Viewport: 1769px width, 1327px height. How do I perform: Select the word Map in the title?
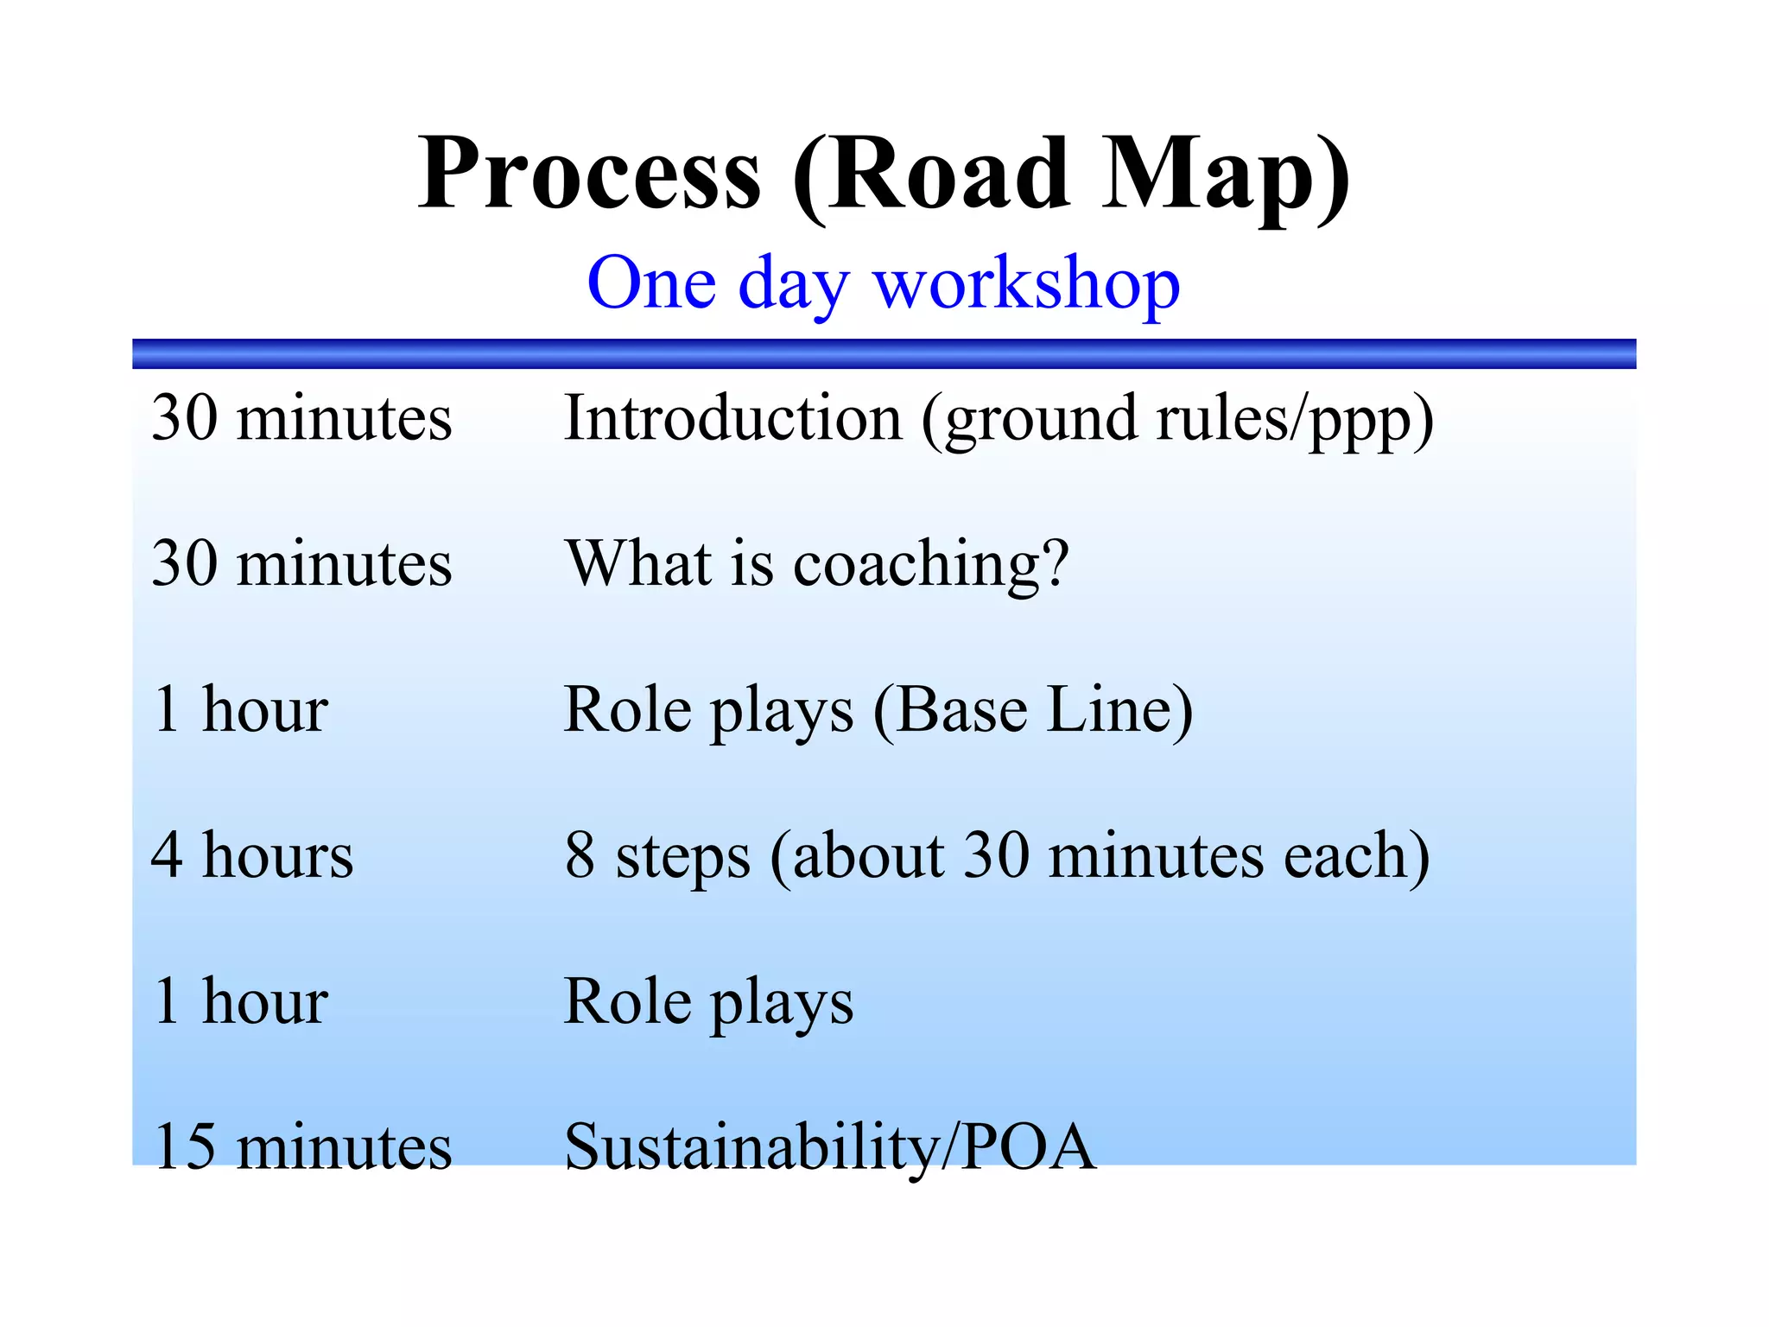tap(1209, 177)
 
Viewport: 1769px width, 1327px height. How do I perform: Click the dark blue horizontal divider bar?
tap(884, 353)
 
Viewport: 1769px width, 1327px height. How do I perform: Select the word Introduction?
tap(732, 418)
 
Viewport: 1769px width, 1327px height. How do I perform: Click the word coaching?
tap(930, 565)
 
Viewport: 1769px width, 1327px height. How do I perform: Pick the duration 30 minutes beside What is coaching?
tap(301, 564)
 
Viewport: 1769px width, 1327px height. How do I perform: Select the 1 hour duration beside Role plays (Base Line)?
tap(240, 710)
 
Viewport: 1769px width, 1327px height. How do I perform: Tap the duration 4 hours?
tap(251, 855)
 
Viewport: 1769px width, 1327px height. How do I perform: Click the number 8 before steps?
tap(580, 855)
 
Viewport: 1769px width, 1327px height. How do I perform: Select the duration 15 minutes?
tap(301, 1146)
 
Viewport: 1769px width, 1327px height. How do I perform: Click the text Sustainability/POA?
tap(829, 1146)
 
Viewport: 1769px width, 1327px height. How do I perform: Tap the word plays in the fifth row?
tap(782, 1003)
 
